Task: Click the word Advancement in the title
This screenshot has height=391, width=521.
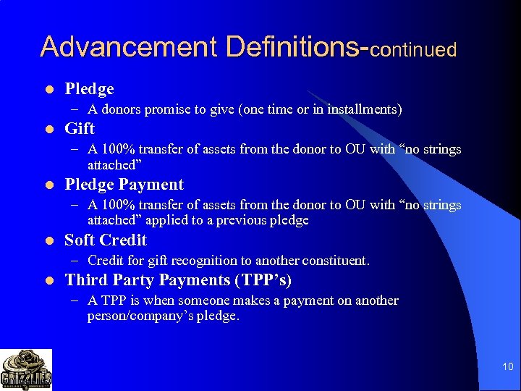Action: click(129, 46)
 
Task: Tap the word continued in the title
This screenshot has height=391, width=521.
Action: click(415, 49)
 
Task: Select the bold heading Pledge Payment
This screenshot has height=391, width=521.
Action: click(124, 185)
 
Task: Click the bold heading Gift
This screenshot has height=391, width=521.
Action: click(80, 129)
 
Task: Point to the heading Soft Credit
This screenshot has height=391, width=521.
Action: click(106, 240)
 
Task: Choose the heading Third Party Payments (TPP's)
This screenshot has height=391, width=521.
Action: click(178, 280)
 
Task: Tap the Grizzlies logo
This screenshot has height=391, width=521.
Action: click(26, 369)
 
